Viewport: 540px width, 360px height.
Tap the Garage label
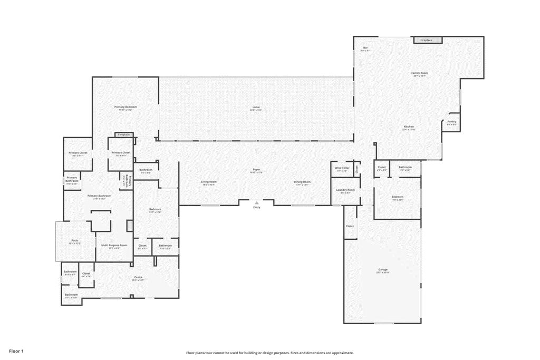tap(382, 269)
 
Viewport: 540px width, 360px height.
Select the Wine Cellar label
tap(342, 168)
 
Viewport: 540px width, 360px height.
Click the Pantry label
tap(451, 122)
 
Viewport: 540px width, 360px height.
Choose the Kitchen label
tap(409, 127)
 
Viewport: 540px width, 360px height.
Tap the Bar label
tap(365, 48)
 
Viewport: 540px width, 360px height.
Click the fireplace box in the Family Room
tap(428, 40)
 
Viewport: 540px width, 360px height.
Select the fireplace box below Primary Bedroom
tap(123, 135)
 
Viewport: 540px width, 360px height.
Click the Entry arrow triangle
tap(256, 202)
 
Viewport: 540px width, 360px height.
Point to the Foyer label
tap(256, 170)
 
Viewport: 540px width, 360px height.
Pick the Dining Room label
tap(303, 182)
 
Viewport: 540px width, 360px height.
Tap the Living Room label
tap(208, 182)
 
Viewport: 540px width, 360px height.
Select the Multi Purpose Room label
tap(114, 245)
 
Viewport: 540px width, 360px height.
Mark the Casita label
tap(138, 277)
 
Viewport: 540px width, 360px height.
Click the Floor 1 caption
tap(16, 351)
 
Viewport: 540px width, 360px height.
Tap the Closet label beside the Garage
tap(350, 226)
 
